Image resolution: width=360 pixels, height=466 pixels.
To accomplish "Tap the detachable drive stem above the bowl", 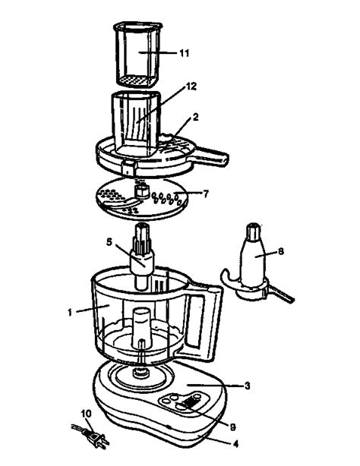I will click(x=143, y=254).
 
